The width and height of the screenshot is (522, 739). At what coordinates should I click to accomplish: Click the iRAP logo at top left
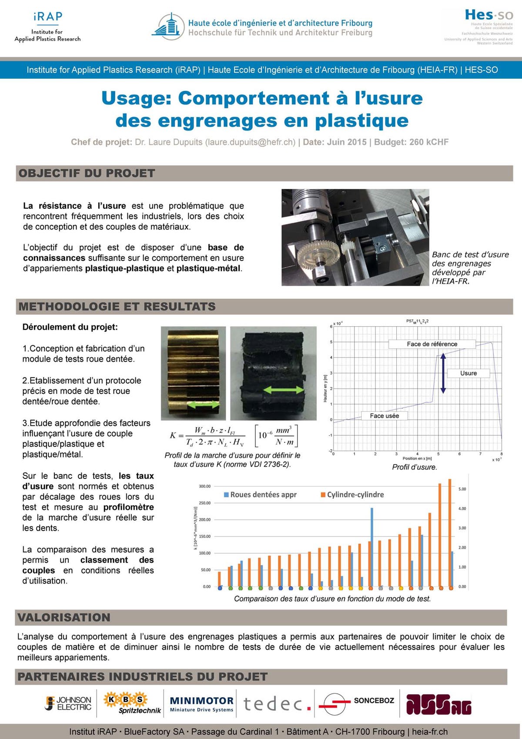(x=47, y=27)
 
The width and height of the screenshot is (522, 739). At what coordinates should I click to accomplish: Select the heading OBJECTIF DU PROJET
(x=87, y=174)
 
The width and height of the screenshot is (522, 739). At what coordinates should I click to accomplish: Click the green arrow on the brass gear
(x=203, y=405)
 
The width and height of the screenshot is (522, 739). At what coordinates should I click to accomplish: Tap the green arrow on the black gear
(x=284, y=390)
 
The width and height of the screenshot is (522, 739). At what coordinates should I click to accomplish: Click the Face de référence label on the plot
(x=432, y=344)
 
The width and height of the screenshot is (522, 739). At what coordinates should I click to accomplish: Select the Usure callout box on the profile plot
(x=468, y=373)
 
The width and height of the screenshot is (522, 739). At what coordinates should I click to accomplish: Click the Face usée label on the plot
(x=384, y=416)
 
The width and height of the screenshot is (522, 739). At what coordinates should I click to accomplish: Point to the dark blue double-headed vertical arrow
(x=443, y=373)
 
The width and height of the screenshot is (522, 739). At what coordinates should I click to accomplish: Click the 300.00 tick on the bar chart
(x=204, y=486)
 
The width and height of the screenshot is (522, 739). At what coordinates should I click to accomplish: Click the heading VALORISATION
(x=64, y=618)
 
